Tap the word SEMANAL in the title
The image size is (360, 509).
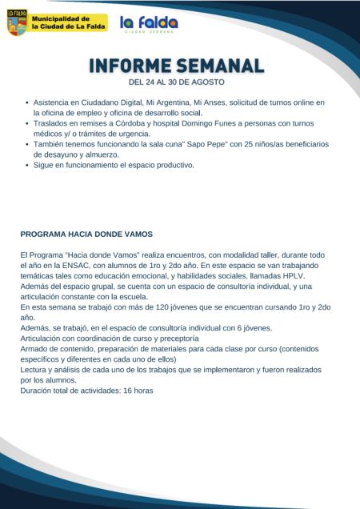222,66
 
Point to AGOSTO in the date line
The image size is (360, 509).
208,82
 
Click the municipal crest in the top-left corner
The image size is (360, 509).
16,22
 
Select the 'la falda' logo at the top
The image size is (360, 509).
149,24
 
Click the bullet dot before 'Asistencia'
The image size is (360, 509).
27,103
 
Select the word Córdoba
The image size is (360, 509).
119,123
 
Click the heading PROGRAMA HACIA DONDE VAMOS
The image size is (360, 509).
86,234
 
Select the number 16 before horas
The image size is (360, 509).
127,391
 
